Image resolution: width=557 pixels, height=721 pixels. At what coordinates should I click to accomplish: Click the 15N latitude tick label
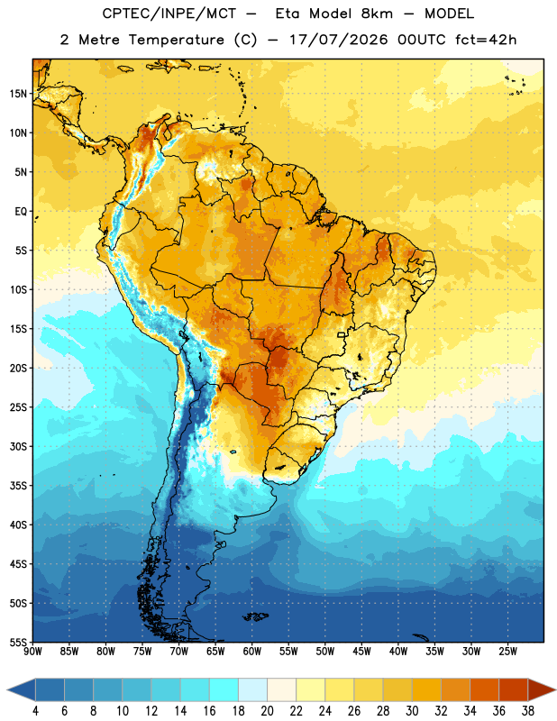(18, 94)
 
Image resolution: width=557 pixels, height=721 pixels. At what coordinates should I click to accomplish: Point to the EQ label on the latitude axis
(21, 212)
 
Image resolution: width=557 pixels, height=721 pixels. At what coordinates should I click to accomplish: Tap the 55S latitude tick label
(18, 643)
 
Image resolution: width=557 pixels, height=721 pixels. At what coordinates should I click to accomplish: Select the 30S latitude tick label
(18, 446)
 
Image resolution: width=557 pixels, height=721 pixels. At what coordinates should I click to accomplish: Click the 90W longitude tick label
(32, 651)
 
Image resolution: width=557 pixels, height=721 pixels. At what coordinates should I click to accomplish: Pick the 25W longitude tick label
(507, 651)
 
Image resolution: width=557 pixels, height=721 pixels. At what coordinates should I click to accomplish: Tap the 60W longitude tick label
(252, 651)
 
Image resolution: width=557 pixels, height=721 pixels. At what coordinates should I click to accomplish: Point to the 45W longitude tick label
(361, 651)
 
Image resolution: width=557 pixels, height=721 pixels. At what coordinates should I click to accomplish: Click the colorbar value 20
(267, 711)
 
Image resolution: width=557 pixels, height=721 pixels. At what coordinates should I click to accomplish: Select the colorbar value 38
(528, 711)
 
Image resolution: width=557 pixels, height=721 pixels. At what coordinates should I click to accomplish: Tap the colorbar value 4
(35, 711)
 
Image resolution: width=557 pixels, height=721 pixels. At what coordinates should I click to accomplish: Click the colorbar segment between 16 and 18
(224, 689)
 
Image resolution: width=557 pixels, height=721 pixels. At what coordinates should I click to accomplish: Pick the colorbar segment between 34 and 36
(485, 689)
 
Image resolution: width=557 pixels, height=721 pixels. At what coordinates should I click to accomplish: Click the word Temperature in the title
(176, 40)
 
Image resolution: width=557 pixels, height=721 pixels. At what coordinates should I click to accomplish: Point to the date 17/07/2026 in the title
(339, 40)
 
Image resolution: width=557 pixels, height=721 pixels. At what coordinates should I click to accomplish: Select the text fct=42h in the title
(486, 40)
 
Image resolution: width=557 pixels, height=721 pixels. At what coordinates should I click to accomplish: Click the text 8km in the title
(377, 14)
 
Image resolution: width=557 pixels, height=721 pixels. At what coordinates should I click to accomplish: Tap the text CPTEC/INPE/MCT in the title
(169, 14)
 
